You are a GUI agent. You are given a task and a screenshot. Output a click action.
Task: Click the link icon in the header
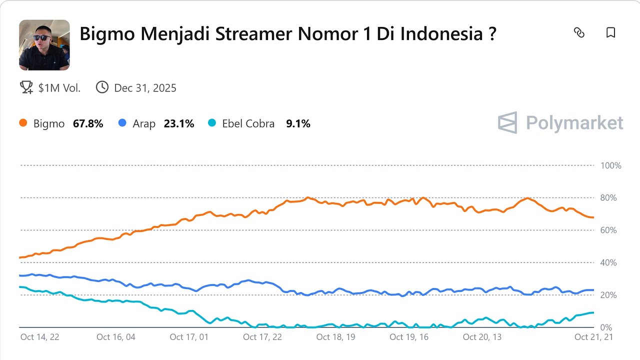579,33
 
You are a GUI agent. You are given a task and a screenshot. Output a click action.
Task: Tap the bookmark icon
610,33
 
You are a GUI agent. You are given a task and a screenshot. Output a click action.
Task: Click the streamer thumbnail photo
44,45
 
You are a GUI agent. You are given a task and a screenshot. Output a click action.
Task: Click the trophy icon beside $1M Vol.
26,87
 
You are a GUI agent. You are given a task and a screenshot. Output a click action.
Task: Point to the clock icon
102,87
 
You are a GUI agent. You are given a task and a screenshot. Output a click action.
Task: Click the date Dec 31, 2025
145,88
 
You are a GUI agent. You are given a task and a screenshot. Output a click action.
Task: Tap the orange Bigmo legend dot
23,123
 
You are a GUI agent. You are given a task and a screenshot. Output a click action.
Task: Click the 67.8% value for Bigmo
88,123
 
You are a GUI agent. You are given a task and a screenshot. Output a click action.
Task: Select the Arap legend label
144,123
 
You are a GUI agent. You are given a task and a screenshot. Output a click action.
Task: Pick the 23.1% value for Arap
178,123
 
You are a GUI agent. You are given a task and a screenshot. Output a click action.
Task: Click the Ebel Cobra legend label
248,123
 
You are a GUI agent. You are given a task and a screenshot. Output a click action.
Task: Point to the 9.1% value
298,123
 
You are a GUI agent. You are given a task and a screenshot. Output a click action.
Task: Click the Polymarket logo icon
507,122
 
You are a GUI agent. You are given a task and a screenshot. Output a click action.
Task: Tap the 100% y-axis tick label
610,165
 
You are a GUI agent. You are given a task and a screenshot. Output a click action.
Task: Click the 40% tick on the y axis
608,263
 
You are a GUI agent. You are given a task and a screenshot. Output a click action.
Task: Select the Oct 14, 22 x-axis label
39,337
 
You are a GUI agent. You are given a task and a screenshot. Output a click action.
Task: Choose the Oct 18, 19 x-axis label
335,337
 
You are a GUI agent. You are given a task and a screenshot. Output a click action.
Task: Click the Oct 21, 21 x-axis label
593,337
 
